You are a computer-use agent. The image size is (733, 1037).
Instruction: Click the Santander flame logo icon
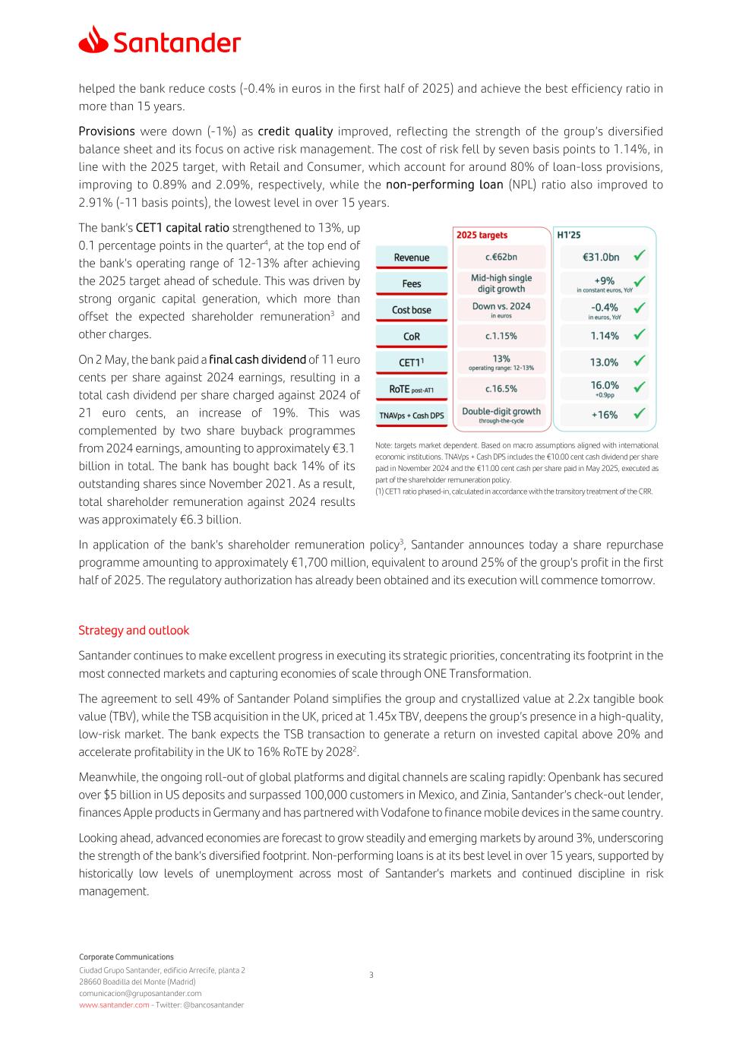tap(93, 40)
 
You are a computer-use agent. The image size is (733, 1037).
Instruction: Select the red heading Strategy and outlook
tap(134, 631)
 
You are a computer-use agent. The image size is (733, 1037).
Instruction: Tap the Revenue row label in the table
tap(412, 258)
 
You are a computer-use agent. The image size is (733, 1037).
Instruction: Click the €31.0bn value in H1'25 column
tap(601, 257)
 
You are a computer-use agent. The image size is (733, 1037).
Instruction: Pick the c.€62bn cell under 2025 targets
tap(501, 257)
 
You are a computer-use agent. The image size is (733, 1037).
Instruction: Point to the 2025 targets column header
tap(482, 235)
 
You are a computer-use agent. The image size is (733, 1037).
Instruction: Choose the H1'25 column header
tap(569, 235)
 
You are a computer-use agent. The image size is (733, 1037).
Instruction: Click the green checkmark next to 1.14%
tap(640, 334)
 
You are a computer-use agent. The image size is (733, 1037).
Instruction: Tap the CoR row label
tap(412, 337)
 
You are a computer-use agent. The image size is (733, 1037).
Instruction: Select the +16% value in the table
tap(605, 415)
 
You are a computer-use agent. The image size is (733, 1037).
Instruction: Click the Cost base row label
tap(412, 310)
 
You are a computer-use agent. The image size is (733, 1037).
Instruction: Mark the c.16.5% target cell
tap(501, 388)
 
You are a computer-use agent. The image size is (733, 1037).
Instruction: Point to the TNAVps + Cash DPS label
tap(412, 416)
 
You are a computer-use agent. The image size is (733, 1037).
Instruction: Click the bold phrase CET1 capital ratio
tap(182, 228)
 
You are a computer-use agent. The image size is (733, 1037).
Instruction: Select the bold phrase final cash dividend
tap(257, 359)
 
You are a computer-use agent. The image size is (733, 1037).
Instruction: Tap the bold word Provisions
tap(106, 131)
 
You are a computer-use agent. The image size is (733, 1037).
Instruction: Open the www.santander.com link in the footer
tap(114, 1004)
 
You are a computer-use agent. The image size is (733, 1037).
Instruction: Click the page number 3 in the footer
tap(371, 975)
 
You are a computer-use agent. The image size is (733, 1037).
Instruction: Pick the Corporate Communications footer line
tap(126, 956)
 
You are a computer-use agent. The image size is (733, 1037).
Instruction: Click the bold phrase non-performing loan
tap(444, 185)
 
